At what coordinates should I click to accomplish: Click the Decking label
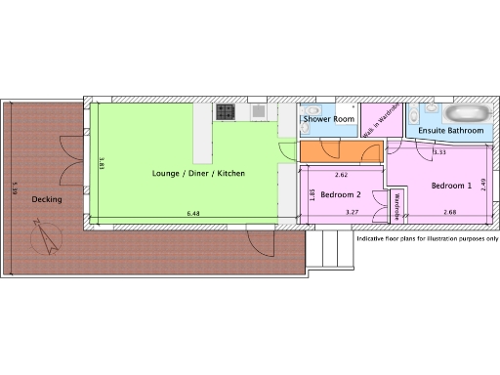tap(47, 199)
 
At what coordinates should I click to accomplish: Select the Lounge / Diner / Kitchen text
tap(198, 173)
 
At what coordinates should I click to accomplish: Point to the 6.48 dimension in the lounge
tap(192, 212)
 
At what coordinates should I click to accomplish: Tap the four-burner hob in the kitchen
tap(225, 112)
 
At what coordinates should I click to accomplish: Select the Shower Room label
tap(328, 119)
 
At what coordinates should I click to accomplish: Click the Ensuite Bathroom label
tap(451, 130)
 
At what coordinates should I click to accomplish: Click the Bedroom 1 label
tap(451, 185)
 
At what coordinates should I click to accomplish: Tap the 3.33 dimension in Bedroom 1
tap(439, 152)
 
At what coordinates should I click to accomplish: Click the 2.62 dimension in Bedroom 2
tap(341, 175)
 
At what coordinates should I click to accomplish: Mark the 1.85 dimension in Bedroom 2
tap(311, 194)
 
